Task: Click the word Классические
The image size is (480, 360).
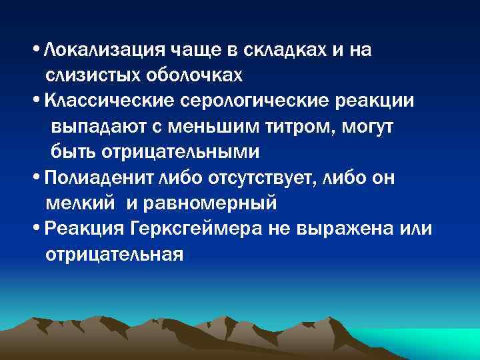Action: (x=108, y=101)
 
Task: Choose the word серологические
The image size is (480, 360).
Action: (x=258, y=101)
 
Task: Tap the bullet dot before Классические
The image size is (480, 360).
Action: (x=35, y=101)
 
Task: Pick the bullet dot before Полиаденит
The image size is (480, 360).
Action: (x=35, y=178)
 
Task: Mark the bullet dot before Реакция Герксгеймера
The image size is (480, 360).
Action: (x=35, y=229)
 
